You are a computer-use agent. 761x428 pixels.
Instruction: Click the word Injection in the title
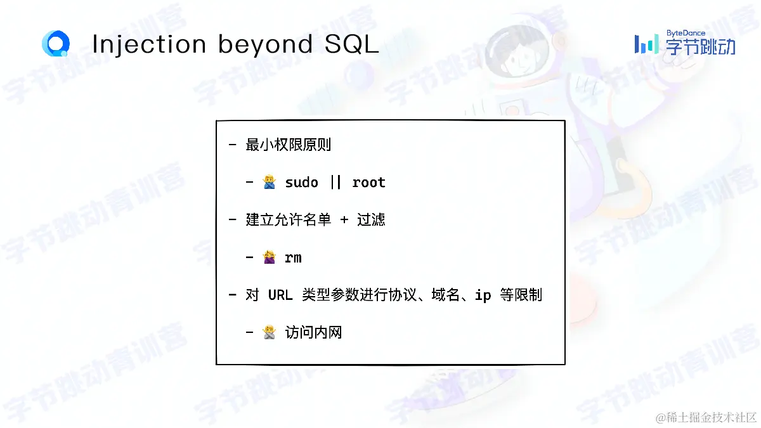[x=149, y=45]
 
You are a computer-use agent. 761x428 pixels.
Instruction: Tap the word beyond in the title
[x=265, y=45]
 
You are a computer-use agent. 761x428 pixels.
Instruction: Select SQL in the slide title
[x=351, y=44]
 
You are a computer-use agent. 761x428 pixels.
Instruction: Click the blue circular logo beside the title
[x=56, y=43]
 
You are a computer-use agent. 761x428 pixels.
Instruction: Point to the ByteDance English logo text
[x=686, y=33]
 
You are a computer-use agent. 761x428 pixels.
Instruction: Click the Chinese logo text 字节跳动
[x=701, y=46]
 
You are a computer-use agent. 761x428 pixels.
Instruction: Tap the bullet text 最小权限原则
[x=288, y=145]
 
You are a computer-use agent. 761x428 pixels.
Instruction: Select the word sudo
[x=301, y=183]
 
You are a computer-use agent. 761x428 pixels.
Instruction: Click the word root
[x=368, y=183]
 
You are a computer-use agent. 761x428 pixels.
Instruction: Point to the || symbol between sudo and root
[x=335, y=183]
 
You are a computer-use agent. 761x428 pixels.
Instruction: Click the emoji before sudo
[x=269, y=182]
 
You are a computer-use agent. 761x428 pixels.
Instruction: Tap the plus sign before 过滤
[x=344, y=220]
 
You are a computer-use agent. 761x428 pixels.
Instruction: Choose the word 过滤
[x=371, y=220]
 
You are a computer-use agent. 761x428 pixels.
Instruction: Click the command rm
[x=293, y=258]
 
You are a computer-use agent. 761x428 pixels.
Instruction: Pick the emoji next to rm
[x=269, y=257]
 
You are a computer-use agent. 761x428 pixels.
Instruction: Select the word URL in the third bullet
[x=280, y=295]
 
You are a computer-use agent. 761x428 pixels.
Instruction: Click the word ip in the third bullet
[x=483, y=295]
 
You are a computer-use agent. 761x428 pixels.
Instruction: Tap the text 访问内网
[x=313, y=332]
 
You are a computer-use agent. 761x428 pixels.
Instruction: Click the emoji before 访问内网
[x=269, y=332]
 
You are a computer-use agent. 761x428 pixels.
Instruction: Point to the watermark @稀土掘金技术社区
[x=706, y=417]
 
